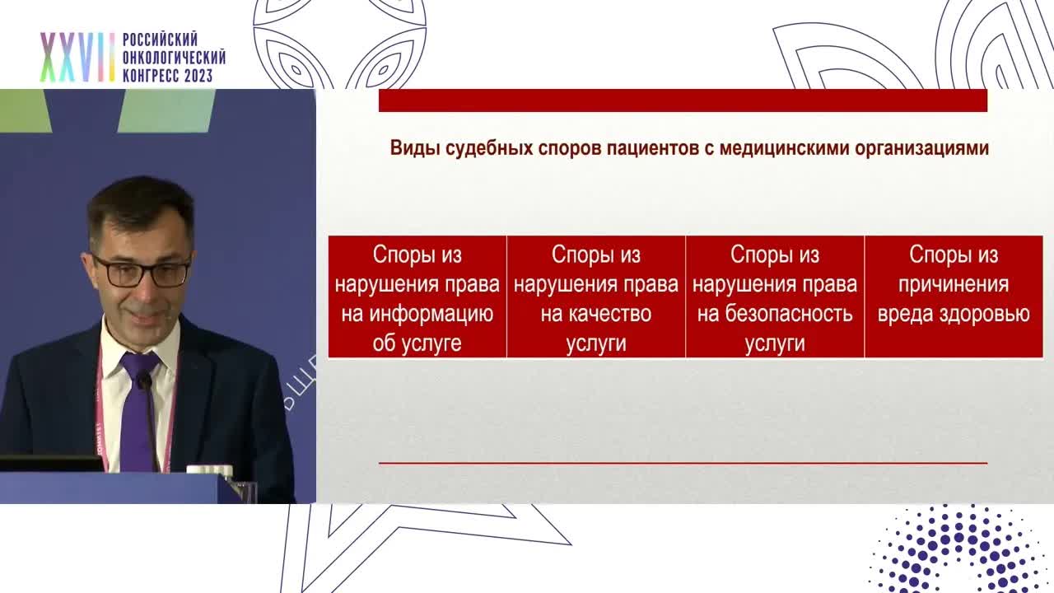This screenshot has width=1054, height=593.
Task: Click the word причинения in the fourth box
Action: click(954, 284)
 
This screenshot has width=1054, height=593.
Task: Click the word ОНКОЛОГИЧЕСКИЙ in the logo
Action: click(174, 58)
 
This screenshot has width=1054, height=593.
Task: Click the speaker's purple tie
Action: click(138, 412)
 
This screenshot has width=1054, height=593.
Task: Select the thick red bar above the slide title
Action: click(683, 100)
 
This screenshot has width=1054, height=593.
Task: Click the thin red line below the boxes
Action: click(683, 463)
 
